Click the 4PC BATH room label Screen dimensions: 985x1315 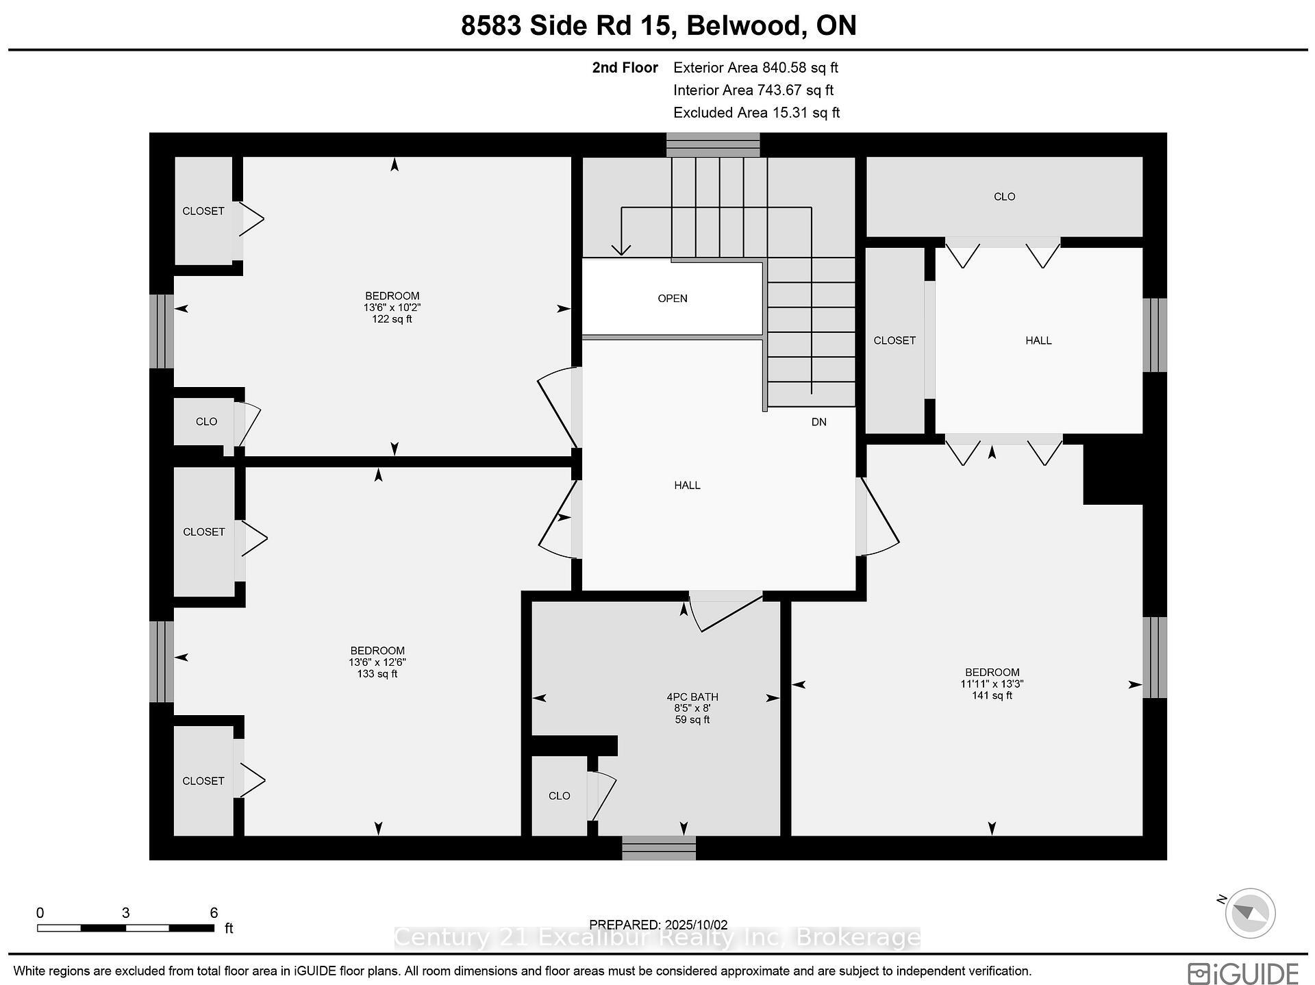tap(692, 697)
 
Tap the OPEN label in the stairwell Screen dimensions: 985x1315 tap(672, 299)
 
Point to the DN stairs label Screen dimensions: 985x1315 tap(818, 422)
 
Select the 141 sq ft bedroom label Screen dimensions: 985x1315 tap(991, 695)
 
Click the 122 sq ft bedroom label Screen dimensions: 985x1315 tap(392, 319)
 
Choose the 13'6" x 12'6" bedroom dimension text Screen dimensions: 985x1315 tap(377, 662)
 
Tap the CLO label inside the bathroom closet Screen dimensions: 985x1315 tap(559, 796)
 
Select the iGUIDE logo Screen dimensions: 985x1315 tap(1243, 973)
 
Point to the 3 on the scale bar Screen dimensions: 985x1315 tap(125, 913)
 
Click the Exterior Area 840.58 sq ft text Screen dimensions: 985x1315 tap(755, 68)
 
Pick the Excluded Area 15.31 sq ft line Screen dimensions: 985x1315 tap(756, 113)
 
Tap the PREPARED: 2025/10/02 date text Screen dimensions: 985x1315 tap(657, 925)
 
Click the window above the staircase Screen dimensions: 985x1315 tap(713, 145)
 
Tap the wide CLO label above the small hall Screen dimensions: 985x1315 tap(1004, 197)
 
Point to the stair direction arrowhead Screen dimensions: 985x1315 tap(621, 251)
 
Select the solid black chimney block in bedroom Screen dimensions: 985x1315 tap(1113, 474)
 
